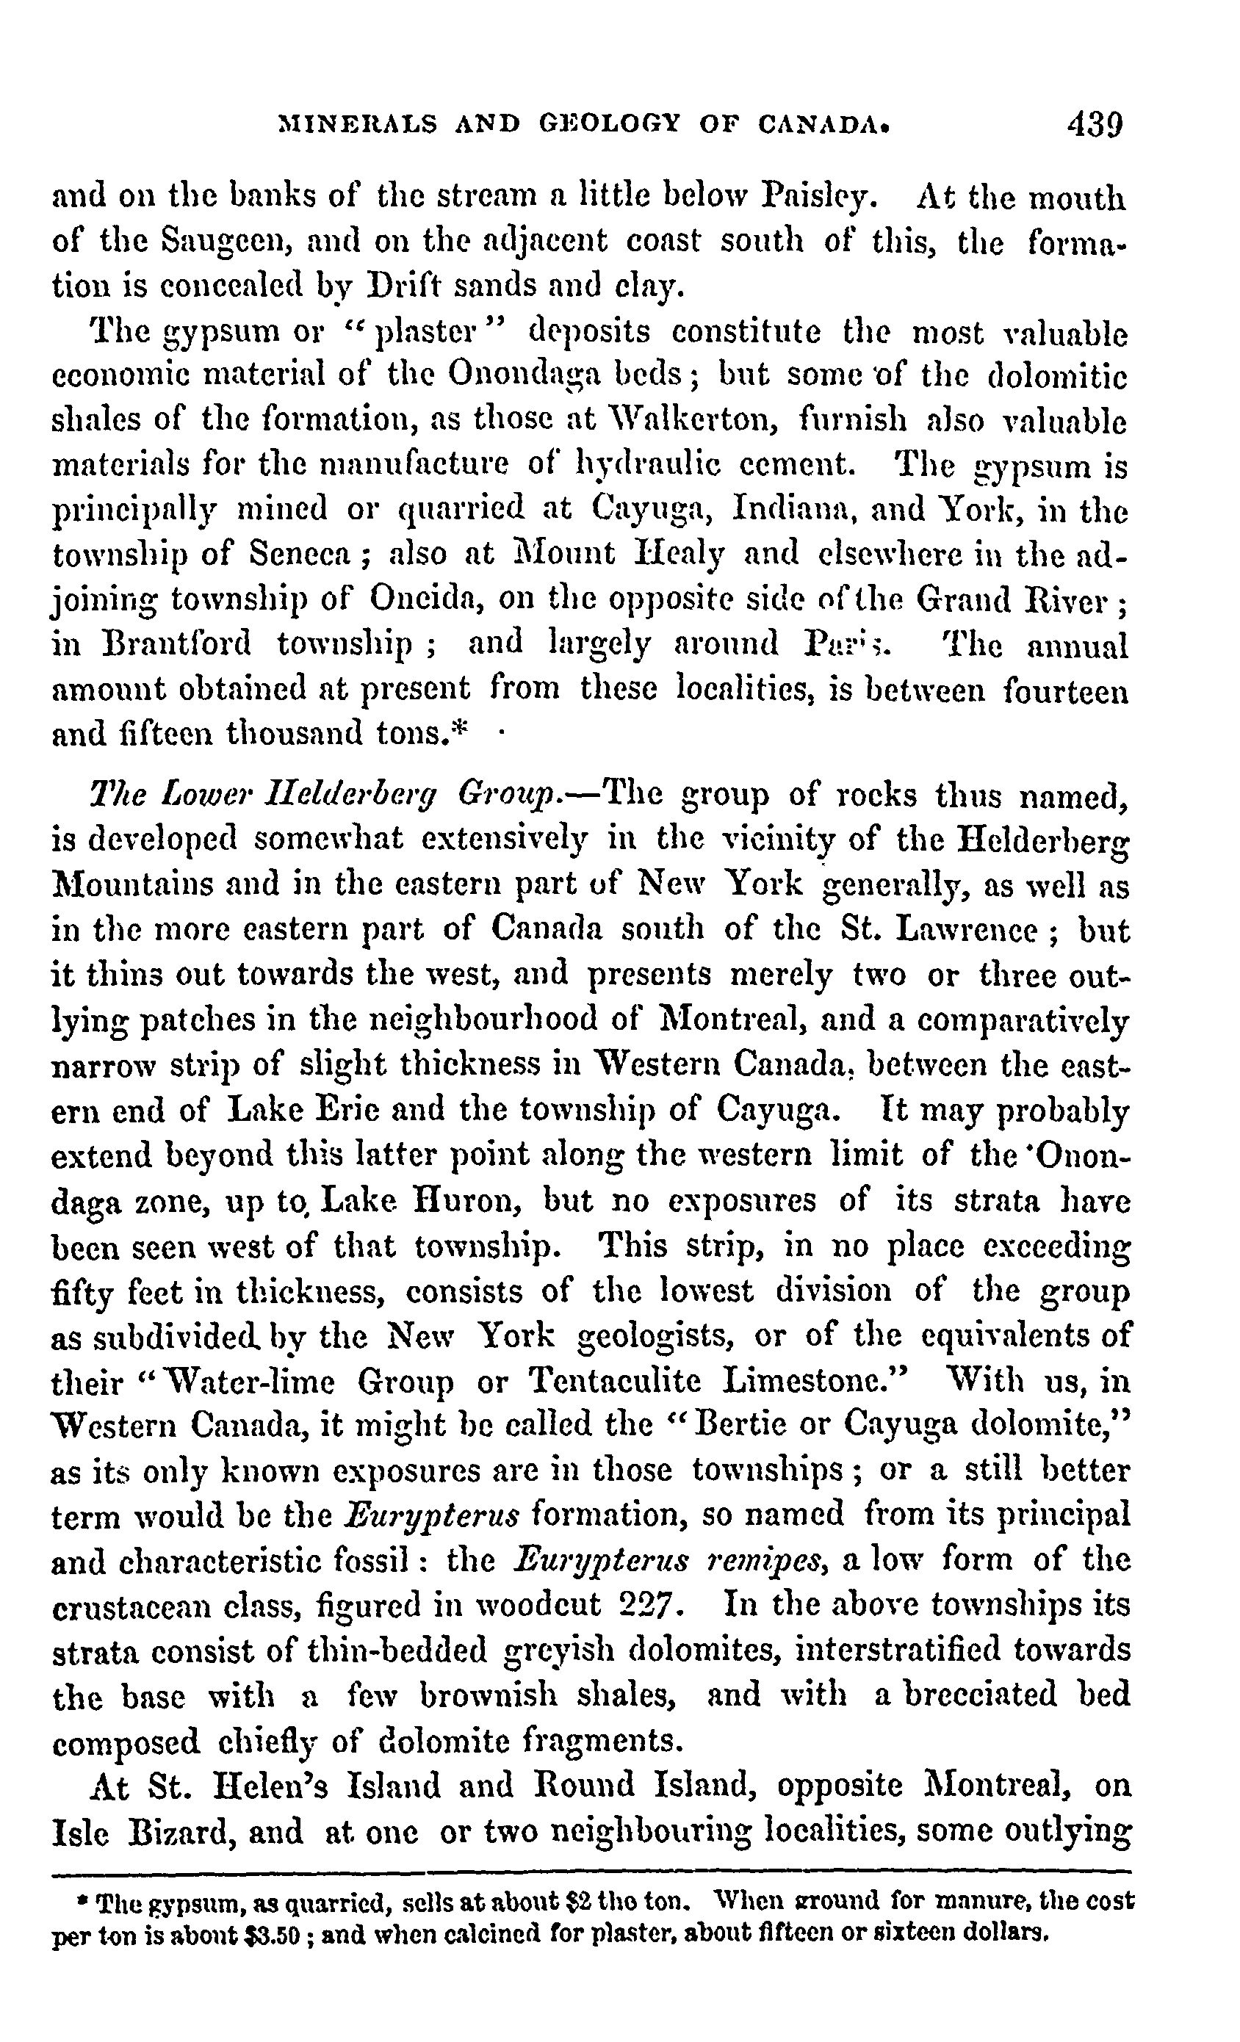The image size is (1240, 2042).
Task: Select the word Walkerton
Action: [x=693, y=422]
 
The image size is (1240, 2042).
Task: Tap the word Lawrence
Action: [x=970, y=930]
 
